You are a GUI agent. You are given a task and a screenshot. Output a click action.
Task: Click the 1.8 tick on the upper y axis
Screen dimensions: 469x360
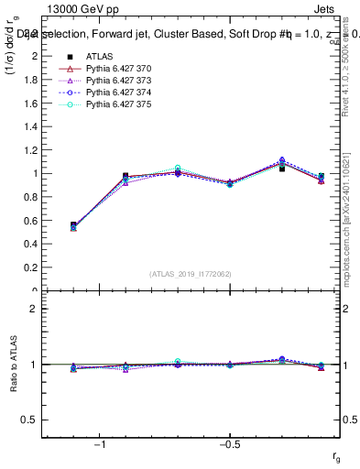[36, 79]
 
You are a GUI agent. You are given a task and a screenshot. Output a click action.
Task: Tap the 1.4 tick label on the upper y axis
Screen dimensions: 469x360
[36, 126]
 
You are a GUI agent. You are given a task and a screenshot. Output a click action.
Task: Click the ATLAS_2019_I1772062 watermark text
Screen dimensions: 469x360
[190, 274]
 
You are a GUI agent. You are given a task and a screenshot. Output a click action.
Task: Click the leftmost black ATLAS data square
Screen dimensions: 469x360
[73, 224]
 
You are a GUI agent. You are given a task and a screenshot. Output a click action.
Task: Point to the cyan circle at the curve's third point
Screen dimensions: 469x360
[178, 169]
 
